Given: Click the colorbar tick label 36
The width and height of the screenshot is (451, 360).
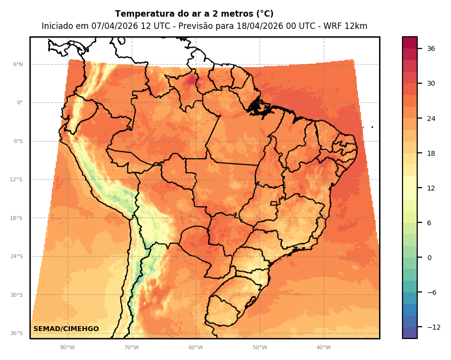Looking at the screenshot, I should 431,48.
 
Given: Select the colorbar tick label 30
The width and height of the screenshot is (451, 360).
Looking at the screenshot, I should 431,83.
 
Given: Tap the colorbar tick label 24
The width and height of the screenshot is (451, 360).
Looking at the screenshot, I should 431,119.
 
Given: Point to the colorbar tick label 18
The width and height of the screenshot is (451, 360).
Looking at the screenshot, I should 431,153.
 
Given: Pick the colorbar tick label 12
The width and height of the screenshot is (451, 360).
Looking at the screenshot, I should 431,188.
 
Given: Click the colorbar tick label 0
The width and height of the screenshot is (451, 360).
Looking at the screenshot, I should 429,258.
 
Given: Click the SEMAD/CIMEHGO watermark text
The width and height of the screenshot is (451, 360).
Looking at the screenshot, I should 66,329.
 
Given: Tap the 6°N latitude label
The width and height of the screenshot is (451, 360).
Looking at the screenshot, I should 18,64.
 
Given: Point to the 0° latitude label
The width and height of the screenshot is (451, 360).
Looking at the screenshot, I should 20,103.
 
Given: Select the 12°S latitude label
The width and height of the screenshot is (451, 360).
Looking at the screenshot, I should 16,180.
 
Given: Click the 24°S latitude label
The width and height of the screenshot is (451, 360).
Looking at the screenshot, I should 16,256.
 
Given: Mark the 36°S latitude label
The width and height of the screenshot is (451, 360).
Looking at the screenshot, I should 16,333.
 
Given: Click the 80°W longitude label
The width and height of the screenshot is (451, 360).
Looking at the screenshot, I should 68,348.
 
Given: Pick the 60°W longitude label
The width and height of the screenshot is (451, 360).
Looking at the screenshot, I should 195,348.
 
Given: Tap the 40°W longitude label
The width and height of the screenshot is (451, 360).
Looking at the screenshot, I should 323,348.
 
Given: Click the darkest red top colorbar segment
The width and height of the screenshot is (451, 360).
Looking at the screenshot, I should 410,42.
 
